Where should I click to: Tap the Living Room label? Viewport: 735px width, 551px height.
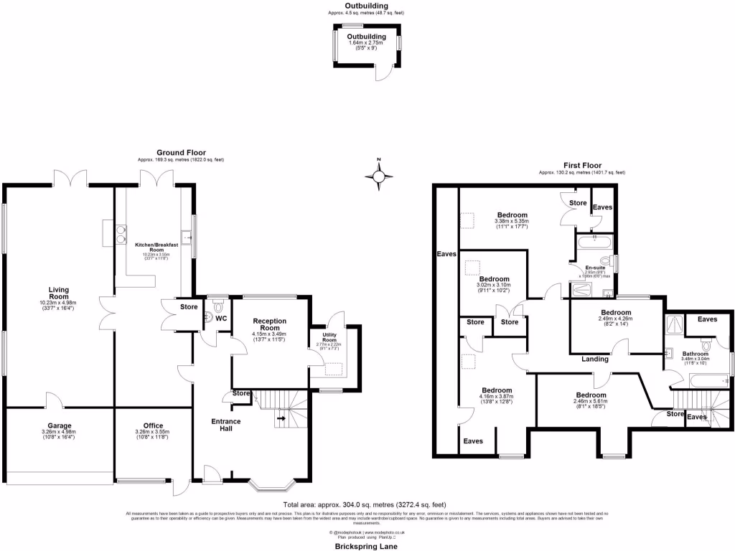59,294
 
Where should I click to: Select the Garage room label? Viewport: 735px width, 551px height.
60,426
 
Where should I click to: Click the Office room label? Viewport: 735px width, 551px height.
154,426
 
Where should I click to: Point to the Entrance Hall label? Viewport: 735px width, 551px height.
226,425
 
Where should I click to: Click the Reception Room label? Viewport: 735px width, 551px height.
269,325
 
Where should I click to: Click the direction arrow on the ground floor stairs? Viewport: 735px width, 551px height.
281,418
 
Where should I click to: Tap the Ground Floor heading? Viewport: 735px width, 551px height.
182,153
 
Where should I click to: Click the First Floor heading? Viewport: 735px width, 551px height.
581,165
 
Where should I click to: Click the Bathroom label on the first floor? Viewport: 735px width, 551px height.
695,354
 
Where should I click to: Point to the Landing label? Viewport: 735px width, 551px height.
595,359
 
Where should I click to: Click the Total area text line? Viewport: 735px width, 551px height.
367,505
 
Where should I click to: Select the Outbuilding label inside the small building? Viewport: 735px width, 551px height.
367,37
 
